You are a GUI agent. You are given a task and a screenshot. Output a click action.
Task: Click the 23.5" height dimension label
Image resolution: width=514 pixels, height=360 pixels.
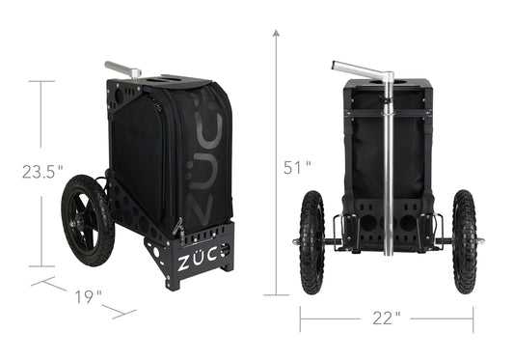[x=42, y=172]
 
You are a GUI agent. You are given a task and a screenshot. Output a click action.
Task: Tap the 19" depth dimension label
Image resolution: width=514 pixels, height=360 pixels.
[x=88, y=296]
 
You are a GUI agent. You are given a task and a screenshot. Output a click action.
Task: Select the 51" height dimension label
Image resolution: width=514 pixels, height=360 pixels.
[x=297, y=167]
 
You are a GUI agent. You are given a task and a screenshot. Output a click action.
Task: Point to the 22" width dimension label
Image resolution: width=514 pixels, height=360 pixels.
[x=387, y=318]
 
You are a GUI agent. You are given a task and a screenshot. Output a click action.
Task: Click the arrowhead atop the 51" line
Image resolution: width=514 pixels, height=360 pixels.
[x=276, y=33]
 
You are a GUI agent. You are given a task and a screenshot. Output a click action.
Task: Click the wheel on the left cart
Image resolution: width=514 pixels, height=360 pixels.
[x=88, y=220]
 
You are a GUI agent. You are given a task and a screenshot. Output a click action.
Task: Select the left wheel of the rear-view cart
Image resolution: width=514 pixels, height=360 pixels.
[x=311, y=242]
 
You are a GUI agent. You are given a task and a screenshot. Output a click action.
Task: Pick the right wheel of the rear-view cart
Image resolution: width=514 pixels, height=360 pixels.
[x=464, y=241]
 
